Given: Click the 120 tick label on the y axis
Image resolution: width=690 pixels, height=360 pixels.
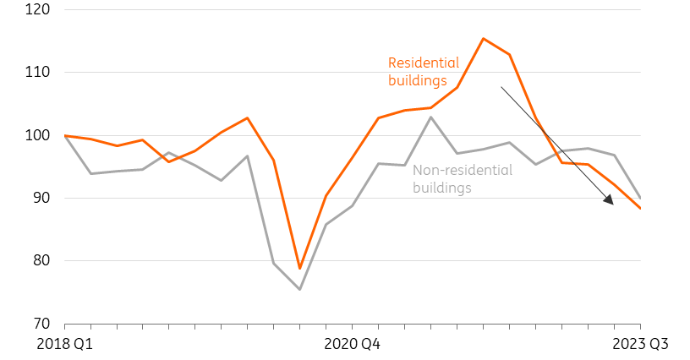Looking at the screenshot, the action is coord(37,9).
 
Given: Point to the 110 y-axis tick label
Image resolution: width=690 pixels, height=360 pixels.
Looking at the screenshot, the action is coord(37,72).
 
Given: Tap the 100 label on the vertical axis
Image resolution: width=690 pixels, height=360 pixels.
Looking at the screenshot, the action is coord(37,135).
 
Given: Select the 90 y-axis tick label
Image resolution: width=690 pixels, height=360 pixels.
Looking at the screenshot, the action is coord(41,198).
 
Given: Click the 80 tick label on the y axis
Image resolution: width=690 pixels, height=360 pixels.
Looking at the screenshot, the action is coord(41,260).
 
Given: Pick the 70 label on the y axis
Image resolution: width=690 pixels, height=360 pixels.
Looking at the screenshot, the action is coord(41,324).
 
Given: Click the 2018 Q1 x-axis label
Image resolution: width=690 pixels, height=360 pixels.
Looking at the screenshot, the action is coord(64,344).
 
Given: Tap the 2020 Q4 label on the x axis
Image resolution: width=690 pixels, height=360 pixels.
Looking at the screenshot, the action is coord(352,344).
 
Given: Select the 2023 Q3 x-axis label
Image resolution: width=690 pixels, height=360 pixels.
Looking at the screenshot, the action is coord(640,344).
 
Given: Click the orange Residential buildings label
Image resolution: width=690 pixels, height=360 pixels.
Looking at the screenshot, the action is coord(424,72).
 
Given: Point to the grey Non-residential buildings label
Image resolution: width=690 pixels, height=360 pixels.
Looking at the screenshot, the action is coord(463,179).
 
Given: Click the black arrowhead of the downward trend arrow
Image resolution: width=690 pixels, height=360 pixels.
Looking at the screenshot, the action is coord(609,199).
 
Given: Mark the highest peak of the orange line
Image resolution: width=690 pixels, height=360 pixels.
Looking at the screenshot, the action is coord(483,39).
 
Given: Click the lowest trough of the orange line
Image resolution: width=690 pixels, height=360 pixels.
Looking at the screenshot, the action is coord(299,268).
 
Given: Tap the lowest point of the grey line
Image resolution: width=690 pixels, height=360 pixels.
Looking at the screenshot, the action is coord(299,289).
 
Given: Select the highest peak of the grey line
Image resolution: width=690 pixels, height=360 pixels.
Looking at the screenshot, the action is coord(430,117).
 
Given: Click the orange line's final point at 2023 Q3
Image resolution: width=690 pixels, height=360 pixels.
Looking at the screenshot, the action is coord(640,209).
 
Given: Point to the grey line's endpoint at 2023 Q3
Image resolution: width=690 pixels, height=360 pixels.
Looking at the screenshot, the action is coord(640,198).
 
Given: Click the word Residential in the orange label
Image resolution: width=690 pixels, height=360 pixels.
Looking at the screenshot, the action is coord(424,63).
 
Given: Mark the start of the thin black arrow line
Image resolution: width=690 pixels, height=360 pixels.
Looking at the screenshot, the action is coord(501,87).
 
